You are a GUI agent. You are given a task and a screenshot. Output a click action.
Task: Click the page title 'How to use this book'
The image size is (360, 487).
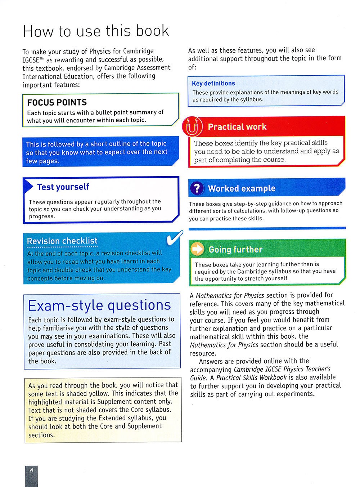tap(96, 31)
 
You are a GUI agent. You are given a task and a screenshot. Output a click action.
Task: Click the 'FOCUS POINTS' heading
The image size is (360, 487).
tap(57, 102)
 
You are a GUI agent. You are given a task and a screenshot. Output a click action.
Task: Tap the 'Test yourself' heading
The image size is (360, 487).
tap(63, 187)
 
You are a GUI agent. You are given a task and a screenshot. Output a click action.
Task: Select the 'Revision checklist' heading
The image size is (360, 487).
tap(62, 241)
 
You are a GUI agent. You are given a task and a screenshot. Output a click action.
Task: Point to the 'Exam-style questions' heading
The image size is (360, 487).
tap(99, 305)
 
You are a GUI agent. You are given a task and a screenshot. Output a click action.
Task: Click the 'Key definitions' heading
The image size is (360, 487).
tap(213, 83)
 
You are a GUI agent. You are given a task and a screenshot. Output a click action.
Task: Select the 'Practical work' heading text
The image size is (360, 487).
tap(237, 127)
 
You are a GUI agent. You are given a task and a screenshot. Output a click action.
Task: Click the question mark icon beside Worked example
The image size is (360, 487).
tap(197, 188)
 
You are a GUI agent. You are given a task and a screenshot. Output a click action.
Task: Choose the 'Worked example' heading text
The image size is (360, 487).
tap(242, 188)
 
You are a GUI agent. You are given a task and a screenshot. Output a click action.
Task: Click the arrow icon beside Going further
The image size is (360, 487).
tap(197, 249)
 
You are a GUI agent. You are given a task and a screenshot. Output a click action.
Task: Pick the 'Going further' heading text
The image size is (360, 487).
tap(235, 249)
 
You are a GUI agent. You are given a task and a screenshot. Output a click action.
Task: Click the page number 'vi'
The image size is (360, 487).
tap(31, 470)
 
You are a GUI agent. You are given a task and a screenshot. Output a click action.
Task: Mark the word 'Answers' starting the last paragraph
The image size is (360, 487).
tap(211, 361)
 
